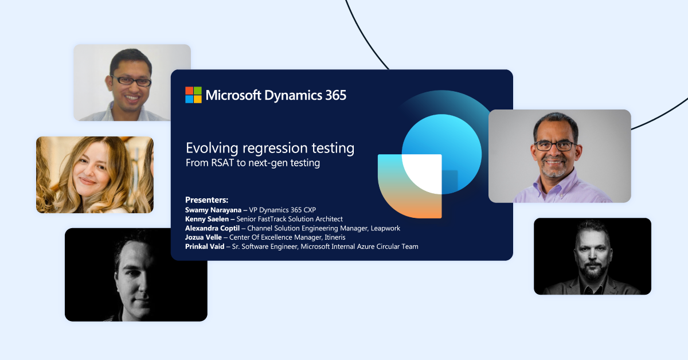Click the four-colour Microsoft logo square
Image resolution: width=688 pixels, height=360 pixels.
click(x=194, y=95)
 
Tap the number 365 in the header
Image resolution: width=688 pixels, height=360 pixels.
click(x=336, y=95)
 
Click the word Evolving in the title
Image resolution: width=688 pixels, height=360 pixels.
click(x=212, y=148)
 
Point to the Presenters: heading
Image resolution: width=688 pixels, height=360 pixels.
click(x=206, y=200)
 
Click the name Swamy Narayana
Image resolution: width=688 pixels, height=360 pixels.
click(x=213, y=210)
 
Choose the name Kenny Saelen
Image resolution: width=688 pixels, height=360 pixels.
click(x=207, y=219)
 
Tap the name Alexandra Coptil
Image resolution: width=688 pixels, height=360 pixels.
click(x=212, y=228)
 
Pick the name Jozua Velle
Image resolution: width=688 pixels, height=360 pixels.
click(x=204, y=237)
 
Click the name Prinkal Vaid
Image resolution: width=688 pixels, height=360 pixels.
click(x=205, y=246)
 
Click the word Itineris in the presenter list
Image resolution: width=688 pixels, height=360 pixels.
click(x=335, y=237)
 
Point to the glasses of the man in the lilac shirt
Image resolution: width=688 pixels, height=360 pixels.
click(x=555, y=146)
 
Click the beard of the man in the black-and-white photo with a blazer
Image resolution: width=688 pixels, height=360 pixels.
click(x=592, y=269)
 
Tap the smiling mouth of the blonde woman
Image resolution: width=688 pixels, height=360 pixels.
click(x=88, y=181)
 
